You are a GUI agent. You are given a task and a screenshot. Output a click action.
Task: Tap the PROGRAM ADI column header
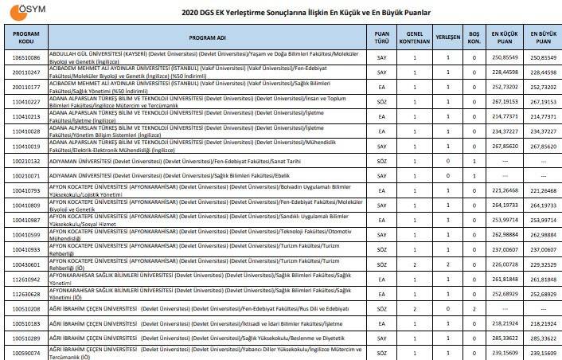207,37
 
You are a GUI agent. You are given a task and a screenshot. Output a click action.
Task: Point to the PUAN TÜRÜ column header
382,37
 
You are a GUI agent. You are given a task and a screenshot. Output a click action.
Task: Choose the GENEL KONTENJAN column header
414,37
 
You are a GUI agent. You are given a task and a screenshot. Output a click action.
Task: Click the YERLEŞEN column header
448,37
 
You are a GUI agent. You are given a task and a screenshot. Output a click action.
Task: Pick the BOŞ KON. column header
474,37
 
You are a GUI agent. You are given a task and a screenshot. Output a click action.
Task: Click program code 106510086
24,58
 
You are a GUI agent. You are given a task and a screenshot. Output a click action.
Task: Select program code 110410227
24,101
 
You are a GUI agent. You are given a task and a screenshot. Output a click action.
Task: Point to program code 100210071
24,175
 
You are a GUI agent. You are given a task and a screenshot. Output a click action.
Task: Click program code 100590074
24,351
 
